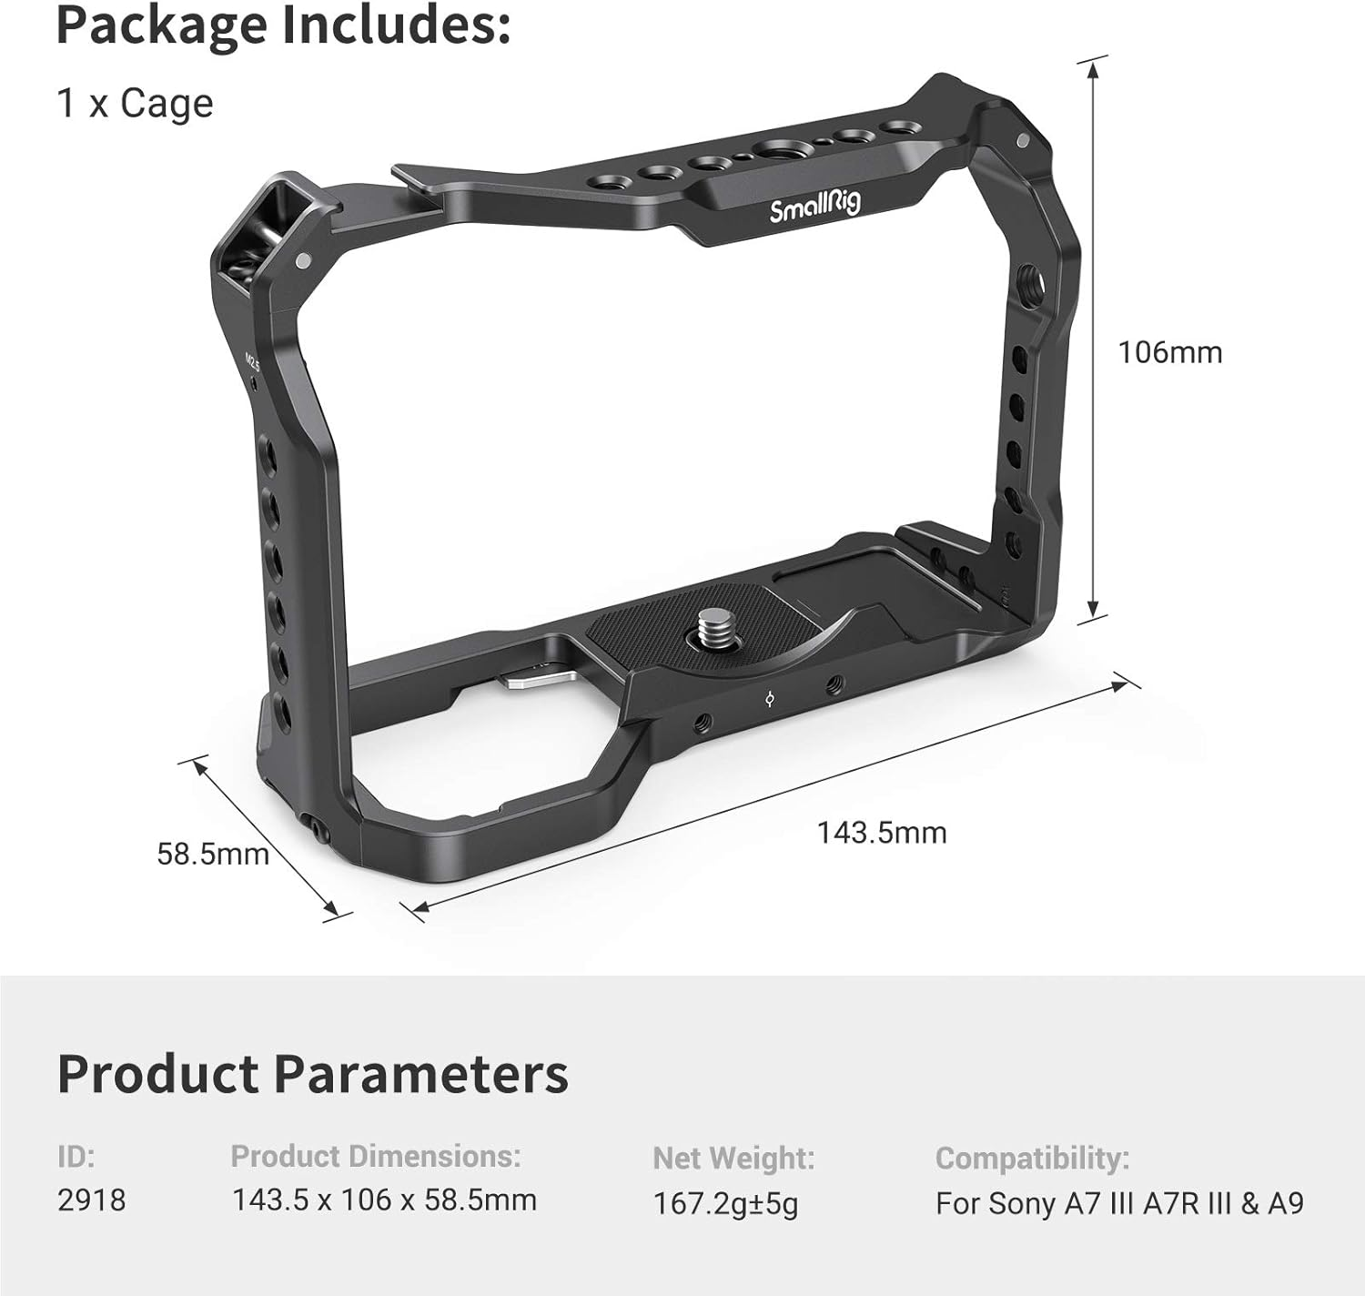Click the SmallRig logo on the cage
(814, 209)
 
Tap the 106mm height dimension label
(1169, 352)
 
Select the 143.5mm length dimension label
(881, 832)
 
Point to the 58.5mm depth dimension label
(213, 854)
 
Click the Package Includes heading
(283, 26)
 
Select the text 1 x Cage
(135, 103)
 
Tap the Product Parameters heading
(312, 1074)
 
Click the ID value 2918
(91, 1200)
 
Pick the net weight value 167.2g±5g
(725, 1203)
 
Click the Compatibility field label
(1032, 1158)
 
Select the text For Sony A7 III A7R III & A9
(1119, 1203)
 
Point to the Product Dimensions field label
(375, 1156)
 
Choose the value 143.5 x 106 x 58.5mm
(384, 1200)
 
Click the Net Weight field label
(733, 1158)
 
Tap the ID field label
(76, 1156)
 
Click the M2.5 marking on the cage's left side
(254, 361)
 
